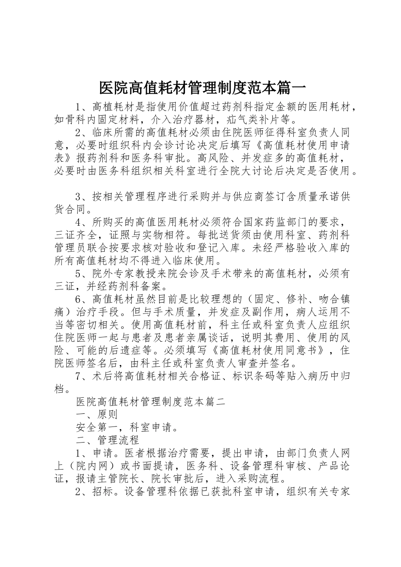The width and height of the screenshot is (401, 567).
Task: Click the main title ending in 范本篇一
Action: click(201, 88)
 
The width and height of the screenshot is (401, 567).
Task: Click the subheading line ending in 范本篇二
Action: click(151, 402)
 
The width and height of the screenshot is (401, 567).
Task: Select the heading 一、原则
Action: click(97, 415)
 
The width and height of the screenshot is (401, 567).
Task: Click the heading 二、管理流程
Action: click(108, 440)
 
